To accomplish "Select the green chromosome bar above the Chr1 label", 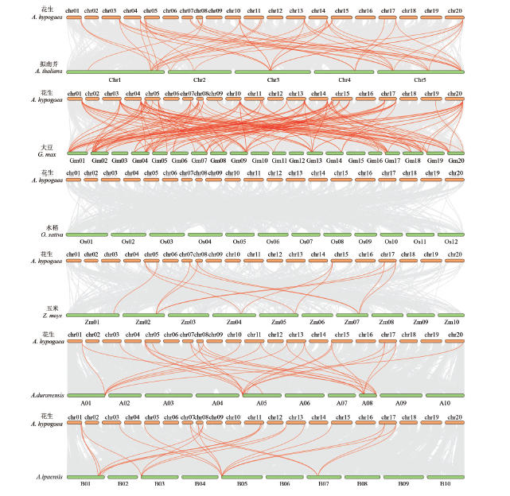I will [x=115, y=72].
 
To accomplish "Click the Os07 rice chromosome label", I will [x=306, y=242].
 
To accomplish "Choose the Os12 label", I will [x=451, y=242].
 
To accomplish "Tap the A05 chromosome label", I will [x=261, y=403].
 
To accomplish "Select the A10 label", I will [x=445, y=403].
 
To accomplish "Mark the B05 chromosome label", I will [x=242, y=483].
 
